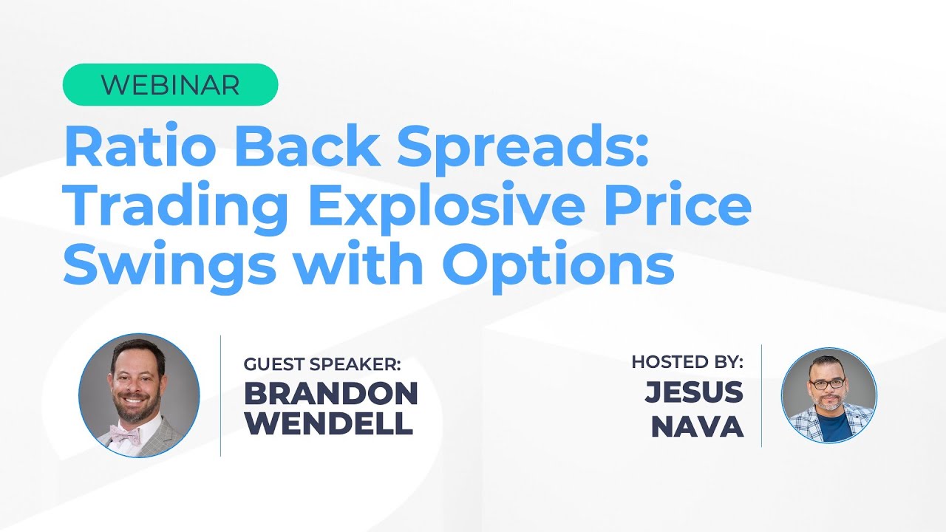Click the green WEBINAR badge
170,85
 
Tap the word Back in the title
311,147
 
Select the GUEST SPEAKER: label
323,364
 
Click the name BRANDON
331,394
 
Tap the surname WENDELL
329,423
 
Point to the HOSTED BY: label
687,362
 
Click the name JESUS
694,392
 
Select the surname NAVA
697,426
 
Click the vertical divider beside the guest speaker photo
221,395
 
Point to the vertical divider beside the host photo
762,395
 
